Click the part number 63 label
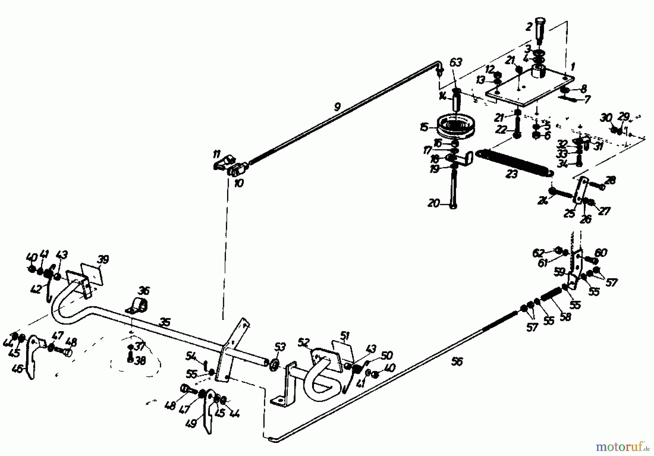coord(456,62)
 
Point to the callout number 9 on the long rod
coord(337,107)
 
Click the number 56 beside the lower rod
coord(457,362)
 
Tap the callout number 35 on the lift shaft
coord(165,323)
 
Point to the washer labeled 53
coord(275,364)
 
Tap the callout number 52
coord(304,343)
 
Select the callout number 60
coord(601,253)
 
